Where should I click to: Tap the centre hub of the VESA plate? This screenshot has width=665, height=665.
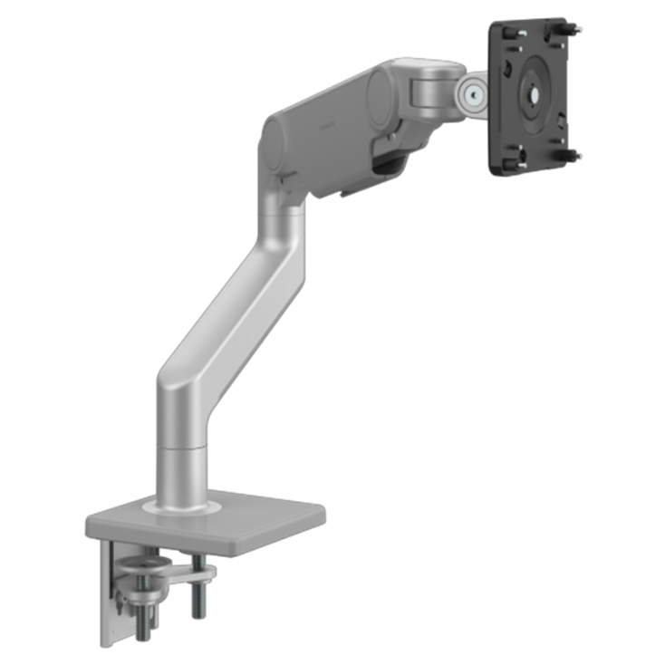coord(532,93)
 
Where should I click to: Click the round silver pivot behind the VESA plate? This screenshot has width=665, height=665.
coord(469,94)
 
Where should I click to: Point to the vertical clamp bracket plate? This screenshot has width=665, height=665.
coord(110,598)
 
